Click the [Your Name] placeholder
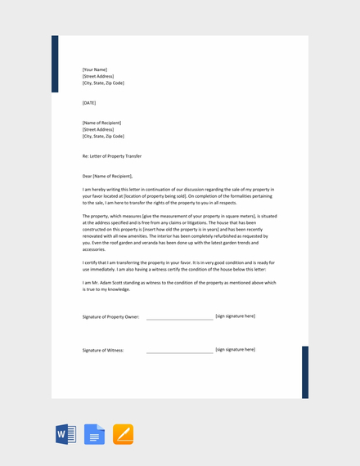click(x=95, y=69)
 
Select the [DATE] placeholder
click(x=89, y=103)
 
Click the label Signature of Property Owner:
click(x=110, y=316)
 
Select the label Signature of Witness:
click(x=103, y=350)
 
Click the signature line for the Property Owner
click(x=179, y=318)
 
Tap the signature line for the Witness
click(x=179, y=352)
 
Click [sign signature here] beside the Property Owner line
click(x=235, y=316)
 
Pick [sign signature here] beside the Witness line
click(x=235, y=349)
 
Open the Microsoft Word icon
click(x=65, y=434)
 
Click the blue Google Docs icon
click(x=94, y=434)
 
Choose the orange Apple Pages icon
click(x=123, y=434)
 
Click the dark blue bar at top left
click(x=55, y=64)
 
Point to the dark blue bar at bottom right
click(x=305, y=372)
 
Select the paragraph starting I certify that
click(x=178, y=267)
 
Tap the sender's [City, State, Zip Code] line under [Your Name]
click(x=103, y=83)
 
